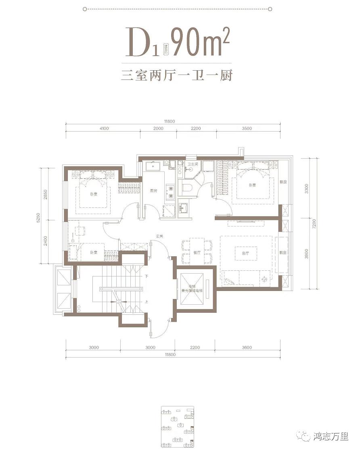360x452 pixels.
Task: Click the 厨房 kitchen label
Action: pos(153,191)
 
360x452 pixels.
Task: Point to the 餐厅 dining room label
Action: pos(197,253)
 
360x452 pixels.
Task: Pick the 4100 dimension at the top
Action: pos(103,128)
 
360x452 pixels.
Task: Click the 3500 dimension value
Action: pos(247,128)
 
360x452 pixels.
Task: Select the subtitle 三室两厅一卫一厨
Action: pos(177,75)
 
